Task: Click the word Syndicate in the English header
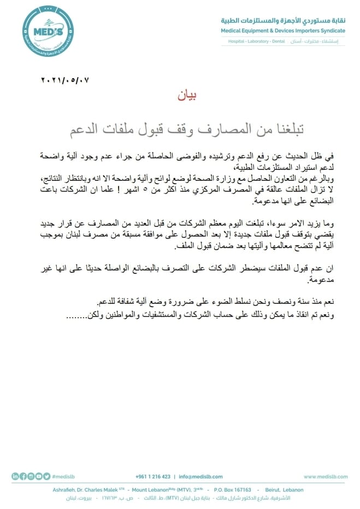tap(331, 31)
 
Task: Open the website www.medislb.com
tap(326, 477)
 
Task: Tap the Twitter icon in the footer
tap(47, 477)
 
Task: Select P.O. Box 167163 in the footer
tap(233, 490)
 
